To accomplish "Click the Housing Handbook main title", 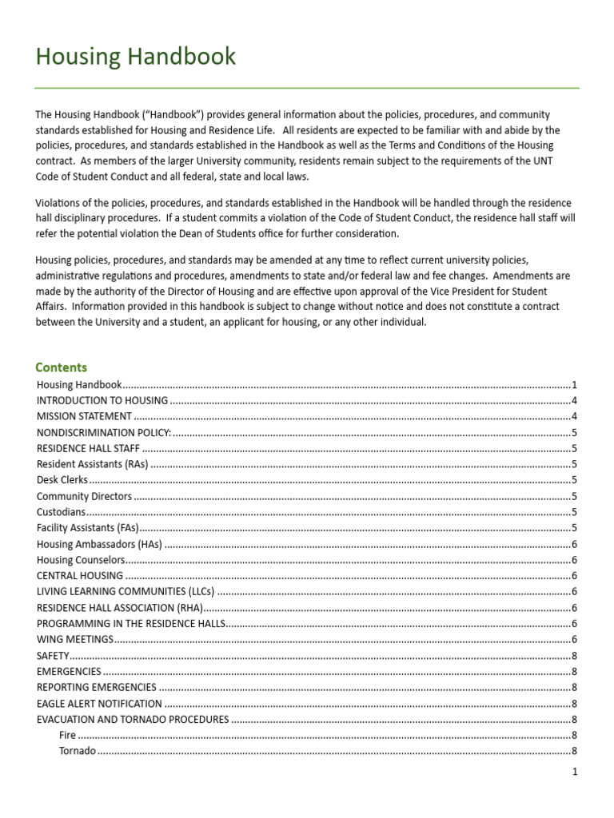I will point(135,57).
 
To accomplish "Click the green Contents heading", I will point(61,367).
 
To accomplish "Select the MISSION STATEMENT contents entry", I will point(84,416).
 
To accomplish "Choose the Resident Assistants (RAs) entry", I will point(92,464).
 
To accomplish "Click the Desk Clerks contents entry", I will point(62,480).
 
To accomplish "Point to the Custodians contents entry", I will point(61,512).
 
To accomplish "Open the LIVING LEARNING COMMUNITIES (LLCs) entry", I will point(126,592).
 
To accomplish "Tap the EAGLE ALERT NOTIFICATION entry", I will point(99,704).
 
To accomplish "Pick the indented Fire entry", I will point(67,735).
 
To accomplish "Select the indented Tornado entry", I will point(78,751).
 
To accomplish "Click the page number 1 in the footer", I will point(574,772).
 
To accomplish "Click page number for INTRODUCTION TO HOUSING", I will point(574,400).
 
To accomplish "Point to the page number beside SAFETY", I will point(574,656).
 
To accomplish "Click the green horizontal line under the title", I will point(307,88).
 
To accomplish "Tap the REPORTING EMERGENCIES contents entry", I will point(96,688).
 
